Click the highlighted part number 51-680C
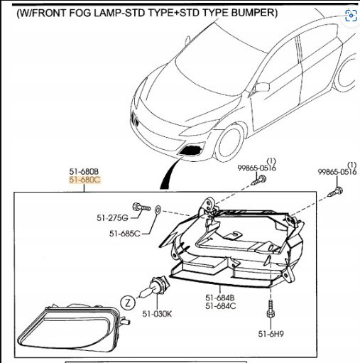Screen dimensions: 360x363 (x=85, y=180)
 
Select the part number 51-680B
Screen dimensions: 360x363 (x=84, y=171)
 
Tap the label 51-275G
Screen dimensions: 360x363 (x=112, y=217)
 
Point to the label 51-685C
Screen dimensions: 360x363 (x=125, y=234)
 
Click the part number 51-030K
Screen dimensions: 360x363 (x=157, y=314)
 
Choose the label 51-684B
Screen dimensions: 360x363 (x=220, y=298)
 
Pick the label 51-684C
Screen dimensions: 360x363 (x=221, y=306)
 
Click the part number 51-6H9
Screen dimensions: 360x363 (x=271, y=334)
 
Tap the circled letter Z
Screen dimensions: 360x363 (x=128, y=303)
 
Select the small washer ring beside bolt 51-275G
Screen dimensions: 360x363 (x=158, y=210)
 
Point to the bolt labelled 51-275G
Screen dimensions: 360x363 (x=141, y=207)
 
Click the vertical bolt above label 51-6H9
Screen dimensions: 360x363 (x=271, y=309)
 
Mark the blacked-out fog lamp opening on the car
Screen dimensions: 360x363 (x=191, y=151)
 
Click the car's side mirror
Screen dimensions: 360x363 (x=261, y=87)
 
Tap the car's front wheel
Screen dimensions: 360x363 (x=229, y=143)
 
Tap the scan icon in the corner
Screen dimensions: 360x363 (x=351, y=16)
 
